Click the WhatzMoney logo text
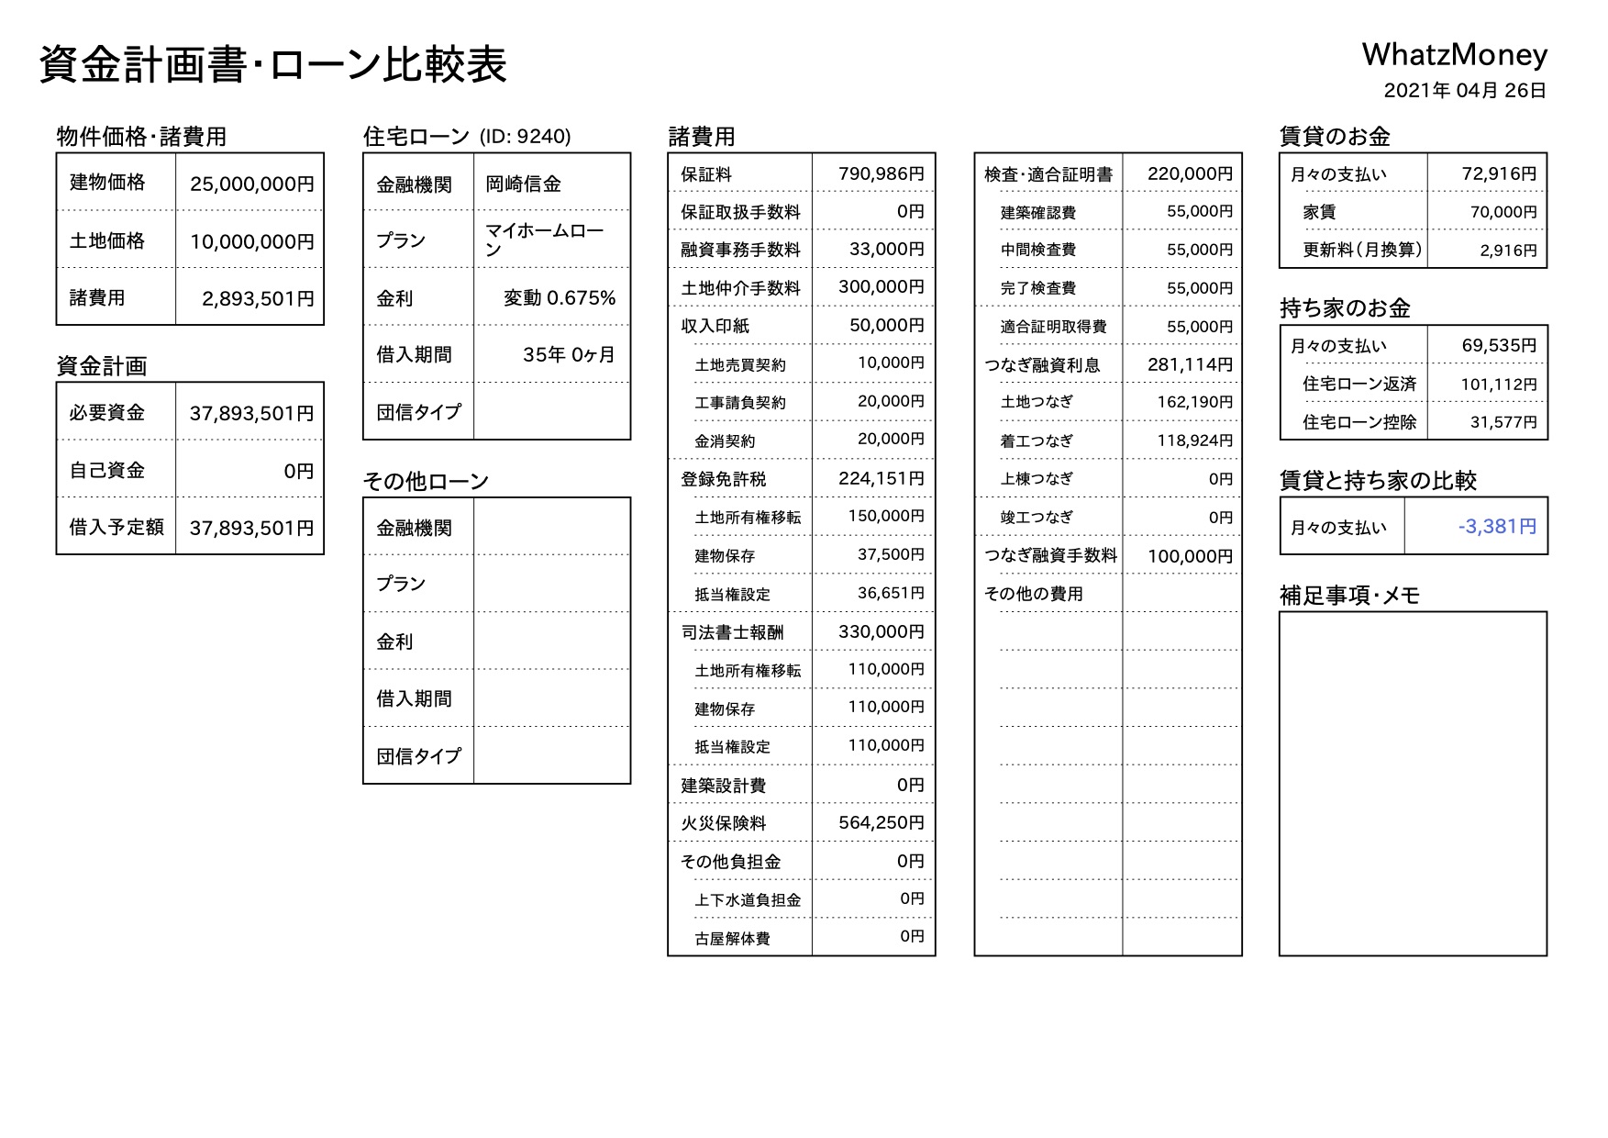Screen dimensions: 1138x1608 [1454, 55]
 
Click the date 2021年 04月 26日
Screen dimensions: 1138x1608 [1465, 91]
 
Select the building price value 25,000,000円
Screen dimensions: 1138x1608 [251, 184]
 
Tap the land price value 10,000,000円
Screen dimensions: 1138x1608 [251, 241]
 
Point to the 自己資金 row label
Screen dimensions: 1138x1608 [107, 471]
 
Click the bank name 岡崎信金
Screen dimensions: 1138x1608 [523, 184]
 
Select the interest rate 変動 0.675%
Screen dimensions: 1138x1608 [560, 298]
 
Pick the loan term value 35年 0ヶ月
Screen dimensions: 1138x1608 [569, 355]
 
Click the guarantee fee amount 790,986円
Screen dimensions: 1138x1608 [881, 173]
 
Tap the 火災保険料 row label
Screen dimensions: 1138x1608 [723, 823]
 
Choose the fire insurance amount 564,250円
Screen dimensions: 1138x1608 [881, 823]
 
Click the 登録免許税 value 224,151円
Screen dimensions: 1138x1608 [881, 479]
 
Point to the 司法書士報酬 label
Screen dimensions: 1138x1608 [732, 632]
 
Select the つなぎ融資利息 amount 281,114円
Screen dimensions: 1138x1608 [1190, 364]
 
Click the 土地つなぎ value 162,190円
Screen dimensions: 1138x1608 [1194, 402]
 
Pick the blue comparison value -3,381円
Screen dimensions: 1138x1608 [1497, 527]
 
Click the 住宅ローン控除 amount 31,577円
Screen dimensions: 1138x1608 [1503, 422]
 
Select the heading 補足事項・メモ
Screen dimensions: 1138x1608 [1349, 596]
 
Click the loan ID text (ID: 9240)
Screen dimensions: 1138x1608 [525, 137]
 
